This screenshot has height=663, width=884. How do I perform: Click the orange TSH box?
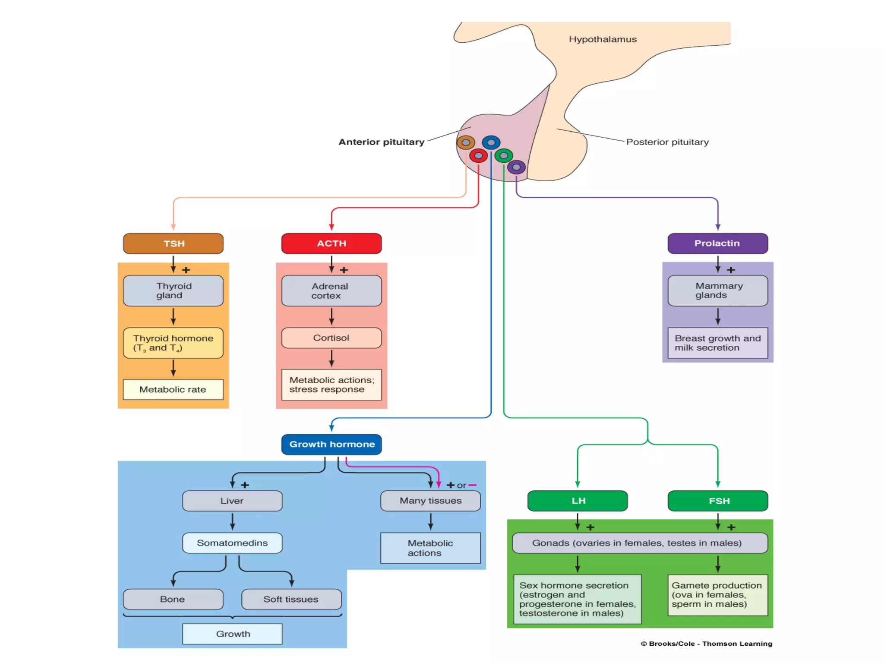(x=173, y=243)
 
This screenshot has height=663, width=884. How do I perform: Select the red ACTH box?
(x=331, y=243)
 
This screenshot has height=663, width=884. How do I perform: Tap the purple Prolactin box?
(x=717, y=243)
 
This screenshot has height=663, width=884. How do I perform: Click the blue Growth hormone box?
(x=331, y=444)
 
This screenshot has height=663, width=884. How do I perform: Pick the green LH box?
(x=577, y=501)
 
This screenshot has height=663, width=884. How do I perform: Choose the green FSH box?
(x=717, y=501)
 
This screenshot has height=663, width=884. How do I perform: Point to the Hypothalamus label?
(x=603, y=39)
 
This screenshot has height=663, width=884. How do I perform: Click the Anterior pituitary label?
(x=381, y=142)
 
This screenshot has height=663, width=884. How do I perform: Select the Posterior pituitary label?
(x=667, y=142)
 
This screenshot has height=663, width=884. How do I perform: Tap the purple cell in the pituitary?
(x=516, y=167)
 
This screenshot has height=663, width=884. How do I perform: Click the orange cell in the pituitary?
(x=466, y=142)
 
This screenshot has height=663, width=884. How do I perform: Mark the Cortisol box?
(x=331, y=338)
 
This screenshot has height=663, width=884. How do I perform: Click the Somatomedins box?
(x=232, y=543)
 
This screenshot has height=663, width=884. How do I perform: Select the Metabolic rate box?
(x=173, y=389)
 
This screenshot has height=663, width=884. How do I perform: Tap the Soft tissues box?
(x=291, y=599)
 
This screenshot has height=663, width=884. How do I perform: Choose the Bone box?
(x=173, y=599)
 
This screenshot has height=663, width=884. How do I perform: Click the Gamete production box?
(x=717, y=595)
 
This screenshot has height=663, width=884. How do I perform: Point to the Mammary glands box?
(x=717, y=290)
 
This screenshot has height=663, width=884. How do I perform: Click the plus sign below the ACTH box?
(x=344, y=270)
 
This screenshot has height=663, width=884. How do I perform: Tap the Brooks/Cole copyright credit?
(x=707, y=644)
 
